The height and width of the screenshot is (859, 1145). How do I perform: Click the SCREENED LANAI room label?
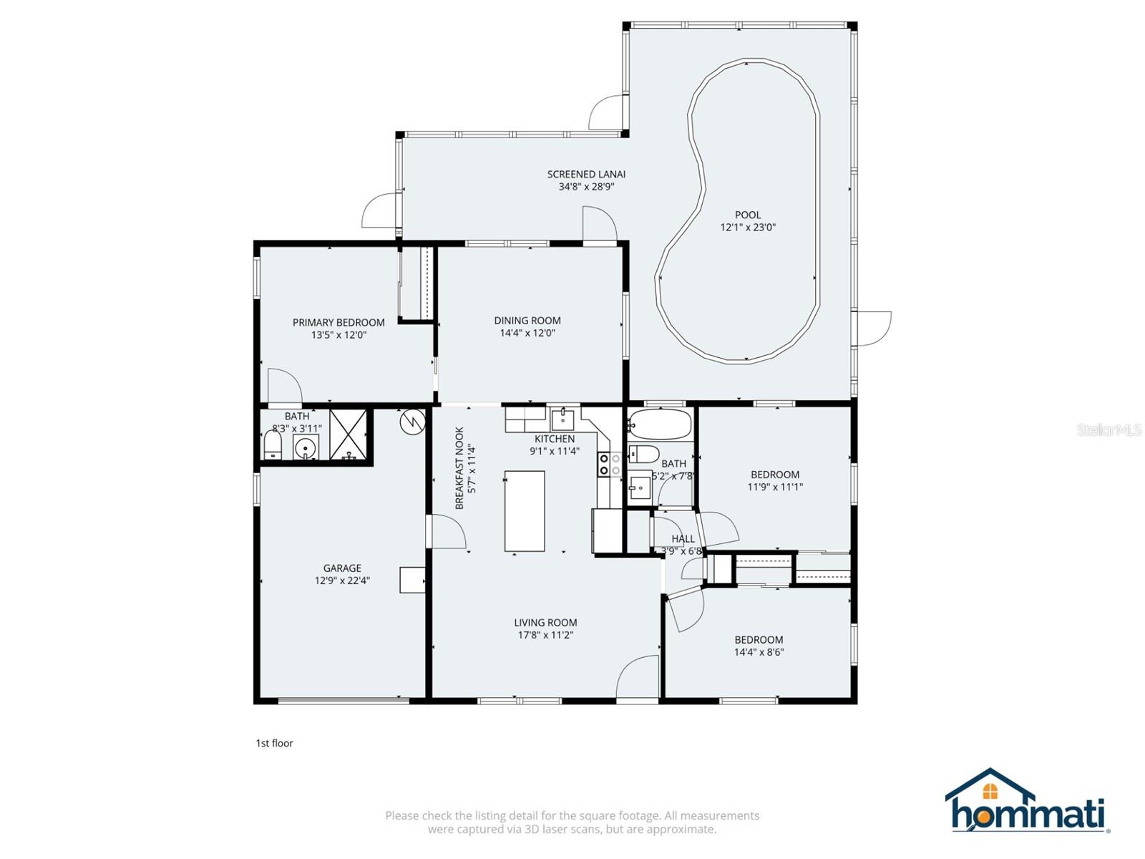[586, 174]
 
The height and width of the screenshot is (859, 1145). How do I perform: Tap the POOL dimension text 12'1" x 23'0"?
[748, 228]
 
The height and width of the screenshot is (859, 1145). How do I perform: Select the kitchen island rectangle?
[525, 511]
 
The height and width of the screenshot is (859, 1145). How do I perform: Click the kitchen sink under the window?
[563, 419]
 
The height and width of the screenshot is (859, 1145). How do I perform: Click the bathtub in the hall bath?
[660, 424]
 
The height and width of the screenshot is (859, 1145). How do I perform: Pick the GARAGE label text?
[342, 568]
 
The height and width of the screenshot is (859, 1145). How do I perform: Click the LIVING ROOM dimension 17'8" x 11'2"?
[545, 635]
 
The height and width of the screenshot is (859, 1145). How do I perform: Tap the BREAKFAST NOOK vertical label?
[459, 468]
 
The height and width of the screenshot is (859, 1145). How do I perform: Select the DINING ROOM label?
[527, 321]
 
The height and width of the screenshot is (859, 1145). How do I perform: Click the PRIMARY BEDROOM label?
[338, 323]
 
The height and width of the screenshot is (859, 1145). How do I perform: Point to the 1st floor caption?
[275, 743]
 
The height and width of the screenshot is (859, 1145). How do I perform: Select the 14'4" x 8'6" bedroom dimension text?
[759, 652]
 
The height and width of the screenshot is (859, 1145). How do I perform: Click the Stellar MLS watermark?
[1109, 430]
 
